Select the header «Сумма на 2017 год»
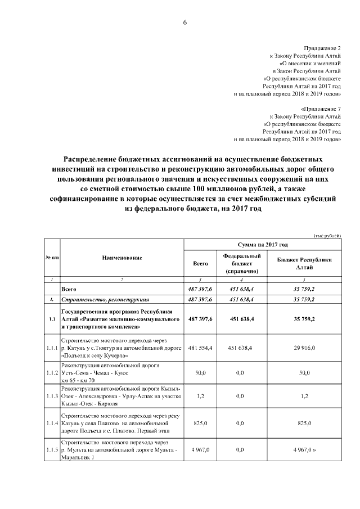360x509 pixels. pyautogui.click(x=263, y=245)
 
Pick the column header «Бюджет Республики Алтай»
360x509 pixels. pyautogui.click(x=305, y=263)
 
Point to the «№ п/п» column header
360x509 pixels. pyautogui.click(x=52, y=258)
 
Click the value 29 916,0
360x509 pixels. pyautogui.click(x=305, y=348)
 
